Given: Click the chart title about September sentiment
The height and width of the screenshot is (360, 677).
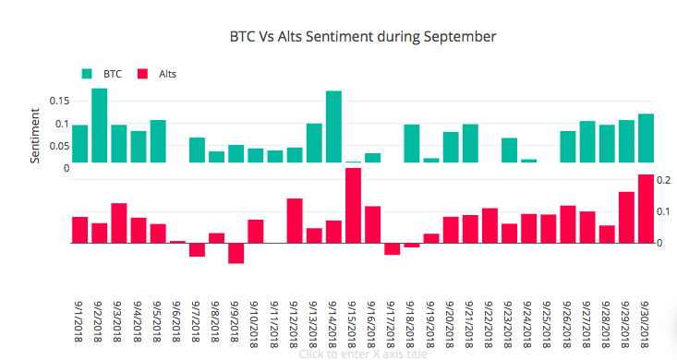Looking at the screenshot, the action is click(363, 37).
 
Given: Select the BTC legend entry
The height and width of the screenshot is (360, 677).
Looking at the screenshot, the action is click(102, 74).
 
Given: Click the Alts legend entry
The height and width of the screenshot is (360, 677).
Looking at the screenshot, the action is click(157, 74).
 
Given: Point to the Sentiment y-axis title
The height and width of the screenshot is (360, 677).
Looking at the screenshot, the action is click(35, 136).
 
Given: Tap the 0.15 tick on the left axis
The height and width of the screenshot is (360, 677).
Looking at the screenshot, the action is click(59, 101).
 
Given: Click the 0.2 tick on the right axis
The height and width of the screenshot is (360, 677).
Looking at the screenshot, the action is click(664, 180).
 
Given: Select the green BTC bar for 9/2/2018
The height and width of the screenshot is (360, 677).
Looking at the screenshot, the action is click(100, 126).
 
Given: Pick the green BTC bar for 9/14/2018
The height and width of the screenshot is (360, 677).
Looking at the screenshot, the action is click(333, 126).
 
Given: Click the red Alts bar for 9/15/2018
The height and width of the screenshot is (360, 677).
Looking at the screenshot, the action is click(353, 206).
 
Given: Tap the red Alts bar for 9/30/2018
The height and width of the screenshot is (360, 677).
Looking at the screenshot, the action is click(646, 209).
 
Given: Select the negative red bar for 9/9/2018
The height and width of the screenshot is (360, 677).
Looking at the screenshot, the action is click(236, 253).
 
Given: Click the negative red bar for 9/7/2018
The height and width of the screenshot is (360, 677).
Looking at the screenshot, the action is click(198, 250).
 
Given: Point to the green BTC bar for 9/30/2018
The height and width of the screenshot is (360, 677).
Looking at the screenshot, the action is click(646, 138).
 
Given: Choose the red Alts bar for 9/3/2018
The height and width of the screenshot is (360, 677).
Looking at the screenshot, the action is click(119, 223).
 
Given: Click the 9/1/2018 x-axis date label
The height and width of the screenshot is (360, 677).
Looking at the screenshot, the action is click(79, 321).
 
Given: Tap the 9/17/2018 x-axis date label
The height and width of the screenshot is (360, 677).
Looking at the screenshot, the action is click(392, 325).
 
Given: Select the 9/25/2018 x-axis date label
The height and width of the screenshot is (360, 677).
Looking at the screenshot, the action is click(548, 325).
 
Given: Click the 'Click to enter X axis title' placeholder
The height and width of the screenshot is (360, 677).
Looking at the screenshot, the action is click(363, 354).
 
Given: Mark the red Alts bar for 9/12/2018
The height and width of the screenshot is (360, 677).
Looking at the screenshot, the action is click(295, 221).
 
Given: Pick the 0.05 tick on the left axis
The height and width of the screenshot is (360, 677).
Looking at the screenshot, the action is click(59, 146).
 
